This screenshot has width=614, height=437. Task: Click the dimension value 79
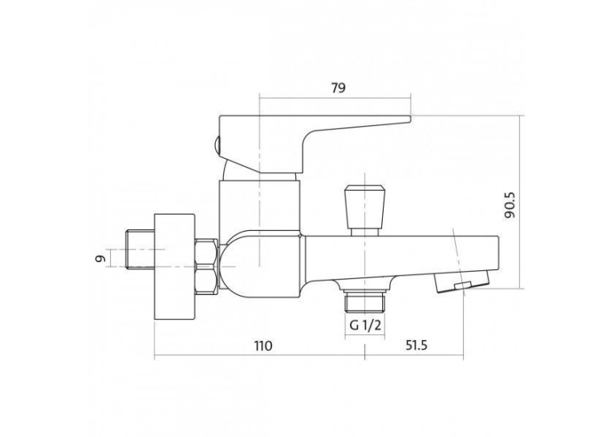(x=339, y=88)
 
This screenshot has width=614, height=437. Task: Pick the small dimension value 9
(x=100, y=258)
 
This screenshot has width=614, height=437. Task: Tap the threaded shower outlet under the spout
(x=365, y=301)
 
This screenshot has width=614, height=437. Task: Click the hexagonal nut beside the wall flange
(x=206, y=266)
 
